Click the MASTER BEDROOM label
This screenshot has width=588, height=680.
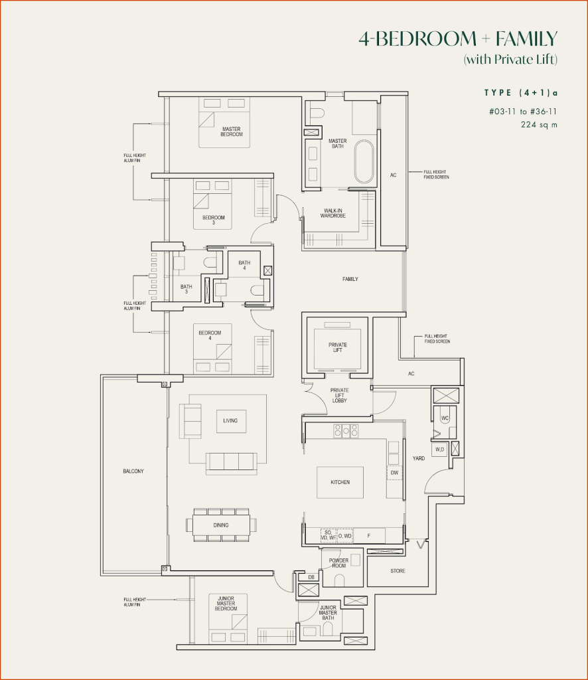tap(232, 131)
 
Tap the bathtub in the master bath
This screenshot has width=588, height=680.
tap(364, 161)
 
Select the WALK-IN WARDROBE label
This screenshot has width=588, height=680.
tap(332, 213)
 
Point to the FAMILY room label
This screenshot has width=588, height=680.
tap(350, 279)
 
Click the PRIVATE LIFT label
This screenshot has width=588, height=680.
tap(337, 347)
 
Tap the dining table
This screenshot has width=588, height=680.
tap(221, 525)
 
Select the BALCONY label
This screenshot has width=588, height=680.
tap(133, 471)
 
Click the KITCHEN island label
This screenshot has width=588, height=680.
tap(340, 482)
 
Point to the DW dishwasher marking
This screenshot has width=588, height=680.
tap(394, 473)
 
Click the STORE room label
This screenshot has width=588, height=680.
tap(398, 571)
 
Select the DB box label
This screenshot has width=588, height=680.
tap(311, 577)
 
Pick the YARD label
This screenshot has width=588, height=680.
tap(419, 458)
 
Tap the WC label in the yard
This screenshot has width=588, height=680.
tap(444, 418)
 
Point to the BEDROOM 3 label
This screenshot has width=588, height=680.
tap(213, 220)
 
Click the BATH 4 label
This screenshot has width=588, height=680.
tap(245, 265)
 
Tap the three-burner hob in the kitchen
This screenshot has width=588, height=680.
tap(345, 430)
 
